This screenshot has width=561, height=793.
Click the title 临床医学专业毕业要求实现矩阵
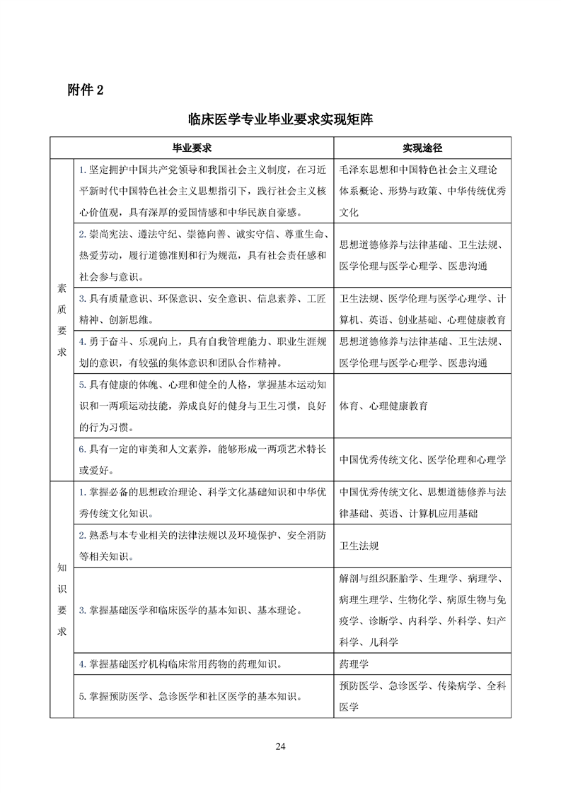coord(281,120)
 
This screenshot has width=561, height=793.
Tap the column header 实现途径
coord(422,148)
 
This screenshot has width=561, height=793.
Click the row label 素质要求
coord(62,319)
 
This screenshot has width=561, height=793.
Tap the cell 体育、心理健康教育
coord(383,406)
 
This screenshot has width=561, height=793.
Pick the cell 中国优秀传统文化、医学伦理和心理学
coord(422,459)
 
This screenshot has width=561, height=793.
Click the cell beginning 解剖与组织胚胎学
coord(422,610)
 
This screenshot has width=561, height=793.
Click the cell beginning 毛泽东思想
coord(422,190)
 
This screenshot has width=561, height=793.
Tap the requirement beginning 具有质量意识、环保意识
coord(203,309)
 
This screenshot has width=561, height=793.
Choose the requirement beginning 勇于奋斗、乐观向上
coord(203,353)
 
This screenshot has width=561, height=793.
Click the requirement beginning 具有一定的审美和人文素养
coord(203,459)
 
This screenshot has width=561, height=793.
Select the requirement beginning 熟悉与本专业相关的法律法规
coord(203,546)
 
